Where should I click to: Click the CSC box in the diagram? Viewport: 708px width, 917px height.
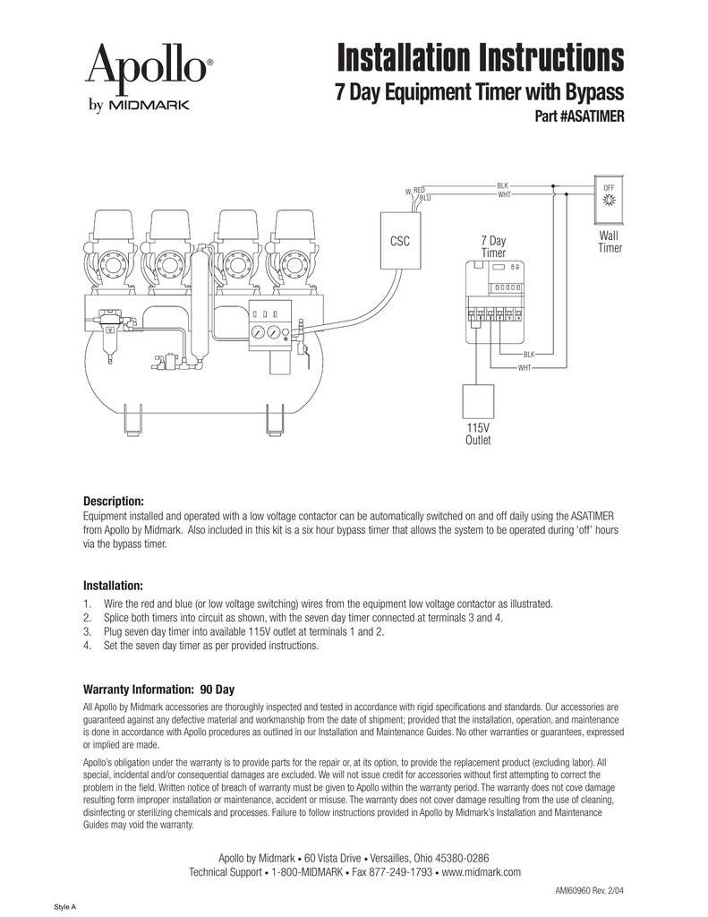tap(399, 242)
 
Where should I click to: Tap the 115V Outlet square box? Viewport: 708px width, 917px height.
tap(476, 407)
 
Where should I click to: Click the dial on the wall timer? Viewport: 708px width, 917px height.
tap(610, 199)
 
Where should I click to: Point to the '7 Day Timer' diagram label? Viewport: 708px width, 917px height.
tap(494, 247)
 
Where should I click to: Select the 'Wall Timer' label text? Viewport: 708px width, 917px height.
tap(610, 242)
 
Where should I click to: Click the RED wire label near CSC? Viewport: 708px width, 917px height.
tap(419, 190)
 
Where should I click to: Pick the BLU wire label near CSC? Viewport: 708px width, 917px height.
tap(425, 197)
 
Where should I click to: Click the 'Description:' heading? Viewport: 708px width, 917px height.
tap(114, 500)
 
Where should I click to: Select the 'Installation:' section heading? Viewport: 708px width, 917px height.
tap(114, 585)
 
